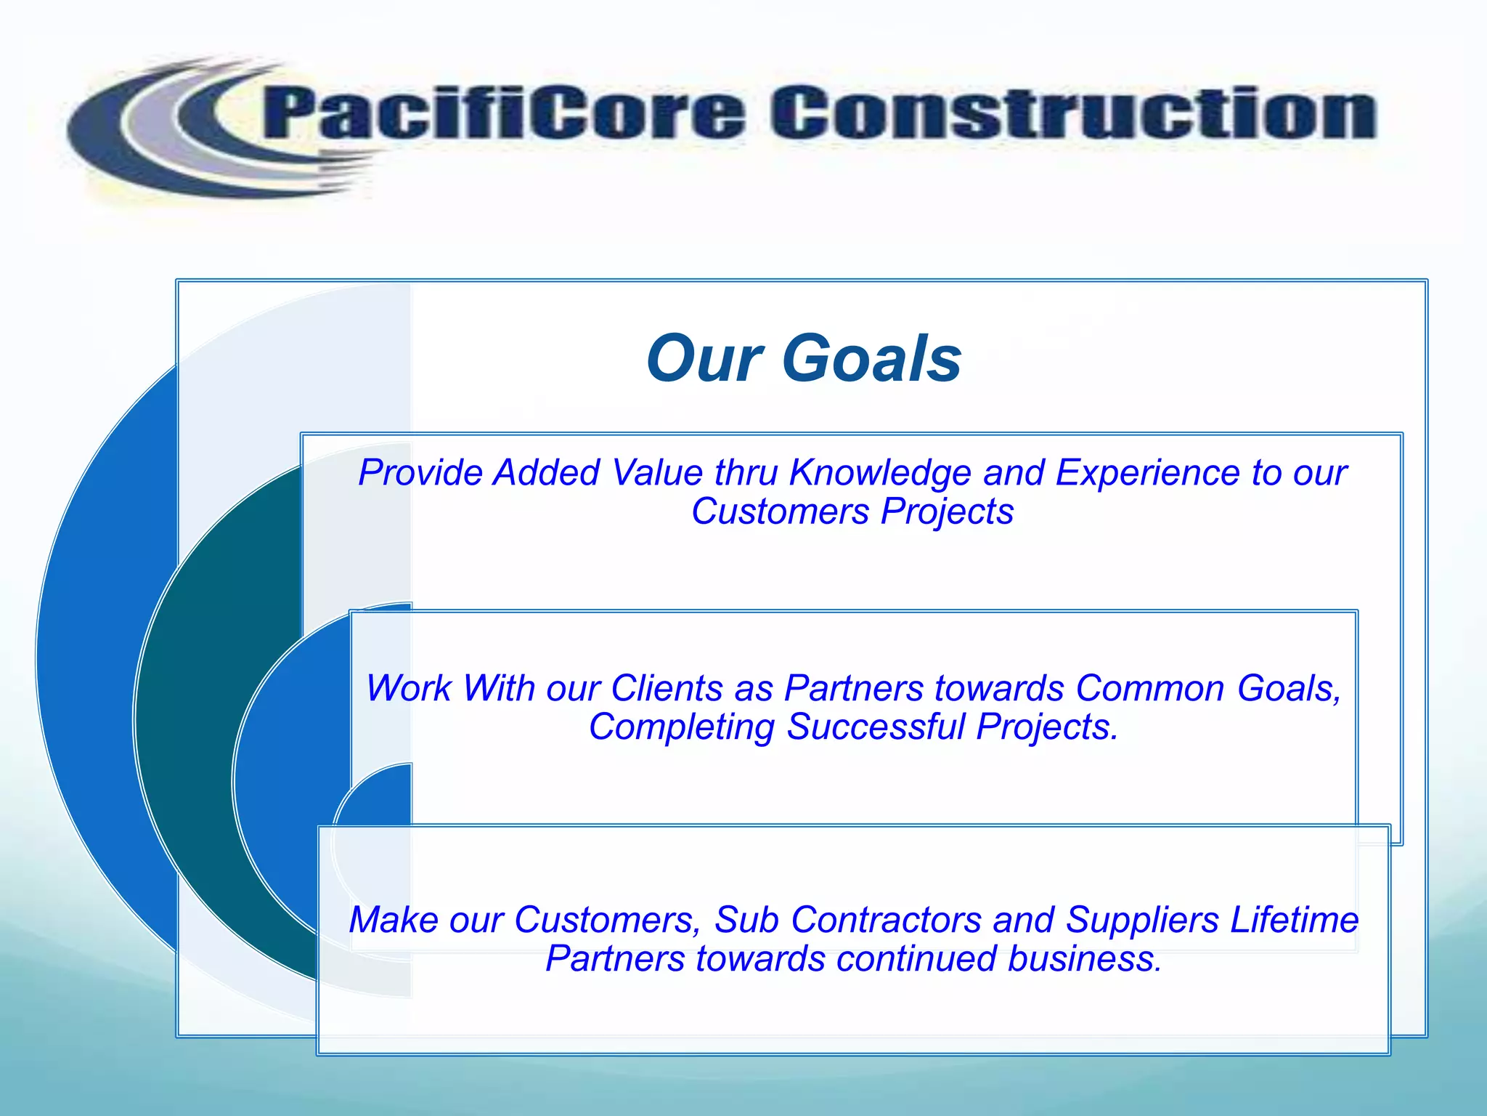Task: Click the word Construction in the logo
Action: pos(1073,113)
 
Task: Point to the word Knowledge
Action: pos(880,473)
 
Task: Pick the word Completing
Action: pos(682,727)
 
